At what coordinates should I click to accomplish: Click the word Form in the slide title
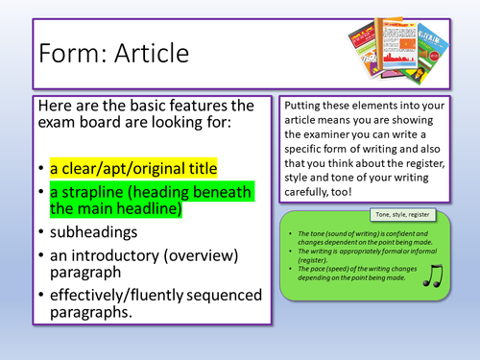click(x=68, y=55)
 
